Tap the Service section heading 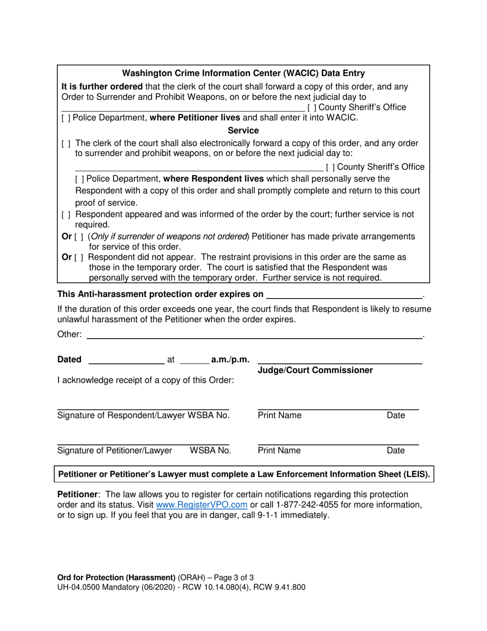tap(243, 131)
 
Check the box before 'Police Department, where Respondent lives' tap(77, 179)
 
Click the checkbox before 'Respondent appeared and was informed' tap(64, 214)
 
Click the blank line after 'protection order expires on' tap(343, 295)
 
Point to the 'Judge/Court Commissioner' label tap(315, 370)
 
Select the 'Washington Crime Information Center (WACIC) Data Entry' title tap(243, 73)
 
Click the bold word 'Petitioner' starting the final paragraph tap(77, 494)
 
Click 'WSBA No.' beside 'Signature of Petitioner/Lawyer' tap(210, 451)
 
